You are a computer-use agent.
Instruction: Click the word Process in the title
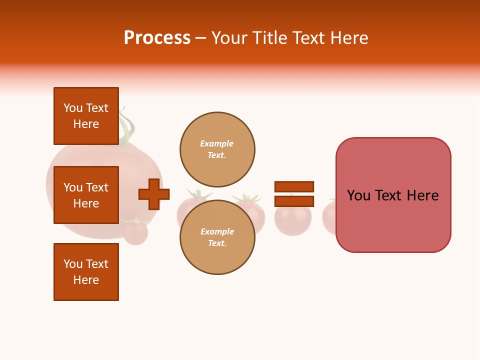tap(157, 38)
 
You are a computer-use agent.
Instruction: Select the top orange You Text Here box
tap(86, 116)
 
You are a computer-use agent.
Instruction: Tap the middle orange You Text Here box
tap(86, 195)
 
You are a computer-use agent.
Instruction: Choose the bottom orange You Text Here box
tap(86, 271)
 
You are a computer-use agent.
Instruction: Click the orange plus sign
tap(154, 194)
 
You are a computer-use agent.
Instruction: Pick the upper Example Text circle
tap(217, 149)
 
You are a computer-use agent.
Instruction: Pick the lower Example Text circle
tap(217, 237)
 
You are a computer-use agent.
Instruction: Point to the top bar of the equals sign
tap(294, 186)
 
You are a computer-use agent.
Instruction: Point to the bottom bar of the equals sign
tap(294, 201)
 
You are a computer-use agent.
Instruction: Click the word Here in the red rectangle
tap(422, 195)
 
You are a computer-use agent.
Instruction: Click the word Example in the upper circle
tap(216, 143)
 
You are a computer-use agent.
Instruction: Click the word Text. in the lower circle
tap(217, 243)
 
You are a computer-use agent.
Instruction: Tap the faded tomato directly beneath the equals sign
tap(293, 220)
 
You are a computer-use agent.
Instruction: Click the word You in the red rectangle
tap(359, 195)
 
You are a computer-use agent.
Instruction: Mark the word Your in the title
tap(229, 38)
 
